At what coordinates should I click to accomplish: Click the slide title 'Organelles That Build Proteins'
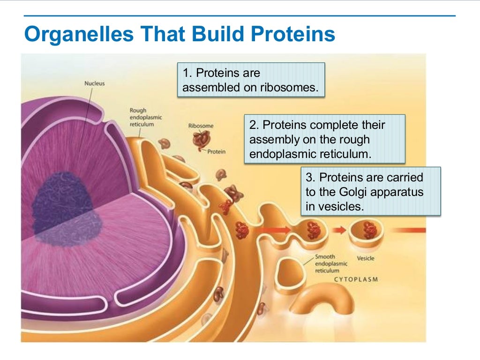180,35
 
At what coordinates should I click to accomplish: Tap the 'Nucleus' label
94,83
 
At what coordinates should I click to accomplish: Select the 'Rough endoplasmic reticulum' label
145,118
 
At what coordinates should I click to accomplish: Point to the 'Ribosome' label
200,126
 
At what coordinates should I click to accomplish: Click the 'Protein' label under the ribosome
216,151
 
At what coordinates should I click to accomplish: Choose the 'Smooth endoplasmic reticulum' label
331,263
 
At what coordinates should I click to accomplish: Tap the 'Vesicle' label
366,258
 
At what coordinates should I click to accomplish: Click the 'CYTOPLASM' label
356,279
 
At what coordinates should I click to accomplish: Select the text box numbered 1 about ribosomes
251,80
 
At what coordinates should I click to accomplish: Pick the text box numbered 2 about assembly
324,140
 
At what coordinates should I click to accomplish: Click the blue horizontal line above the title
239,16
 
